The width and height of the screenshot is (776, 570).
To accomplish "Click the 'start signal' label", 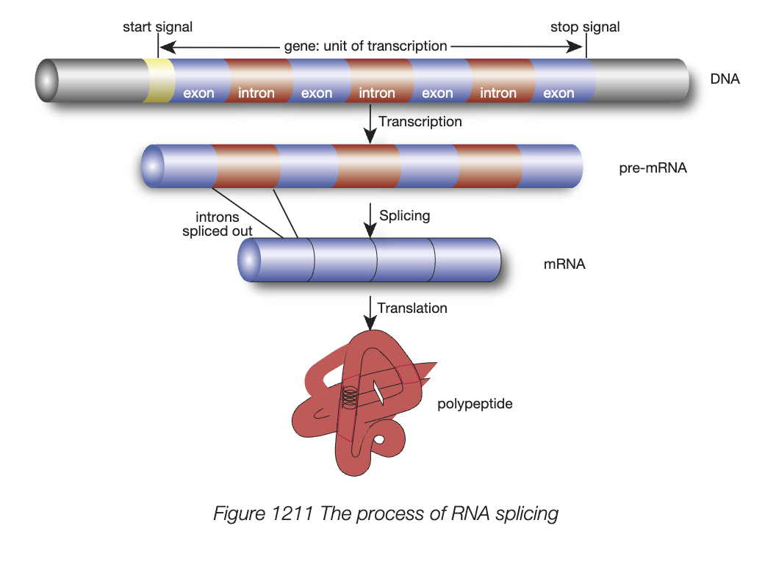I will (157, 27).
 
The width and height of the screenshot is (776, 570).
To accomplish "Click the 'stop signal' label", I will (585, 27).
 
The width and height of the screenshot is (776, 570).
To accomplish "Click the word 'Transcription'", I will (420, 121).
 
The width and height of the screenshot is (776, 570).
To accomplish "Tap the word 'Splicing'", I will (404, 216).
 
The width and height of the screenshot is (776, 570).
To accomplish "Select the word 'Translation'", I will (412, 308).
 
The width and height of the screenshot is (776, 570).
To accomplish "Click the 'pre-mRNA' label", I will (653, 168).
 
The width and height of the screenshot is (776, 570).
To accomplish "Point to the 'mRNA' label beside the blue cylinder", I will (564, 264).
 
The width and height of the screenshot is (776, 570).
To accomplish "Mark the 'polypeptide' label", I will (475, 403).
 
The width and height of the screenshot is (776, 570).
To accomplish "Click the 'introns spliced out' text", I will (218, 224).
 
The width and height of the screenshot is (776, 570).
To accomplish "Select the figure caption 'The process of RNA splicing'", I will (386, 513).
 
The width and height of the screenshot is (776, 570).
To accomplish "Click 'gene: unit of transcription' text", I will (365, 46).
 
